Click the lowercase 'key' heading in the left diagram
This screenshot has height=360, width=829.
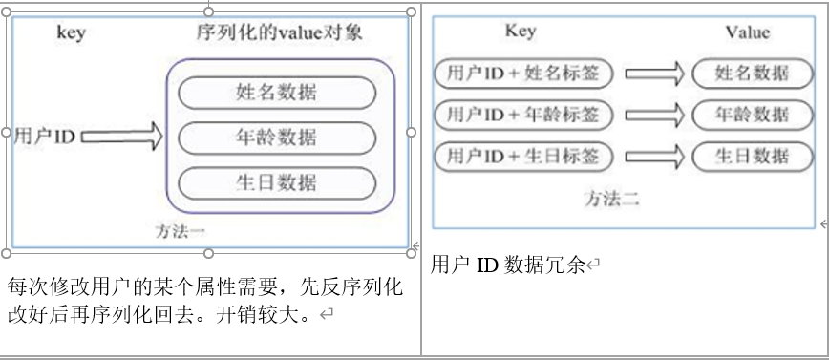pos(71,33)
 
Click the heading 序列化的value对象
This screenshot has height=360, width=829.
pos(279,33)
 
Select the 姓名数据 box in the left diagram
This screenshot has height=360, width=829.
pos(277,92)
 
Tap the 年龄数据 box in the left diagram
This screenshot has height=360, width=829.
pos(277,137)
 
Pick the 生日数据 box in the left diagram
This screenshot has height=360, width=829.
pos(277,182)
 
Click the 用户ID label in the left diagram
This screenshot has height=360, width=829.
pos(44,137)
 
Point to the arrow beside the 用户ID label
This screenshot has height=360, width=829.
pos(122,137)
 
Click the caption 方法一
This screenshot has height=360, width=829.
pos(181,230)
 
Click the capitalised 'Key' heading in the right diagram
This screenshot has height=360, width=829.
pos(520,32)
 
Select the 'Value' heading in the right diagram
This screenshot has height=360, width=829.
pos(747,32)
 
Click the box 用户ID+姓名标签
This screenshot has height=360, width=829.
pos(523,74)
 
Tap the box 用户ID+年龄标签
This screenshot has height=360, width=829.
pos(523,115)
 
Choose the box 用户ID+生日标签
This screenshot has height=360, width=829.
pos(523,156)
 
